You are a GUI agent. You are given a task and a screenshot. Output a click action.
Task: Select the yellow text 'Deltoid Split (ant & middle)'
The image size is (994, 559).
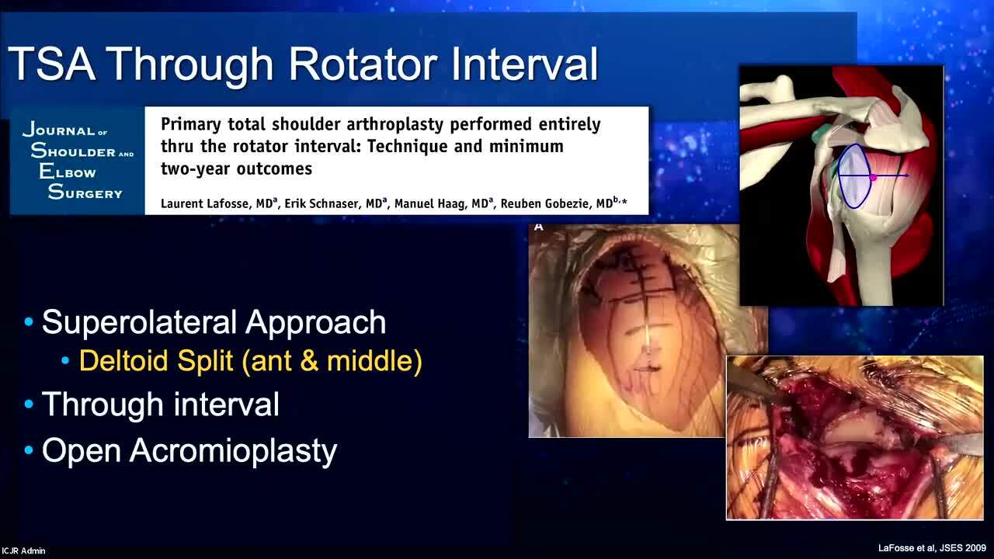[250, 361]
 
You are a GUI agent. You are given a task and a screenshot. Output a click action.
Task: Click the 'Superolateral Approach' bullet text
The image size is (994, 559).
[214, 321]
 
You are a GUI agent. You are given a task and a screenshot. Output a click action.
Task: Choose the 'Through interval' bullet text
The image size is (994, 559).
[161, 404]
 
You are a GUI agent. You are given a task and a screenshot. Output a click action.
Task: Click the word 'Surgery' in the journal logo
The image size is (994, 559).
[85, 192]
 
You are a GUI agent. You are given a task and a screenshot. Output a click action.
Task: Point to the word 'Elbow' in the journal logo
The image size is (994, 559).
[68, 172]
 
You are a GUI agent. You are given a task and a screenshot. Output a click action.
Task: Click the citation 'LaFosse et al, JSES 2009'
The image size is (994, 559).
[932, 548]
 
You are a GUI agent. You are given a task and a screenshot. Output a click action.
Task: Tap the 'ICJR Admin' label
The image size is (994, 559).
[23, 550]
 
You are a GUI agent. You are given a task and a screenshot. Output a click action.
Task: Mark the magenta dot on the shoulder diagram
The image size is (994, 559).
[873, 178]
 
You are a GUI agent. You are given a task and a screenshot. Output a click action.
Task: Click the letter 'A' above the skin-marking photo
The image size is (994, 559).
[539, 227]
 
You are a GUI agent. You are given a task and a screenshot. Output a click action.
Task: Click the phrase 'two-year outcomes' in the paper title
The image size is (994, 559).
[237, 169]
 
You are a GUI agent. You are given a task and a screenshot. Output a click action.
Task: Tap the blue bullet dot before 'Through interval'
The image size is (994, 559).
[29, 404]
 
